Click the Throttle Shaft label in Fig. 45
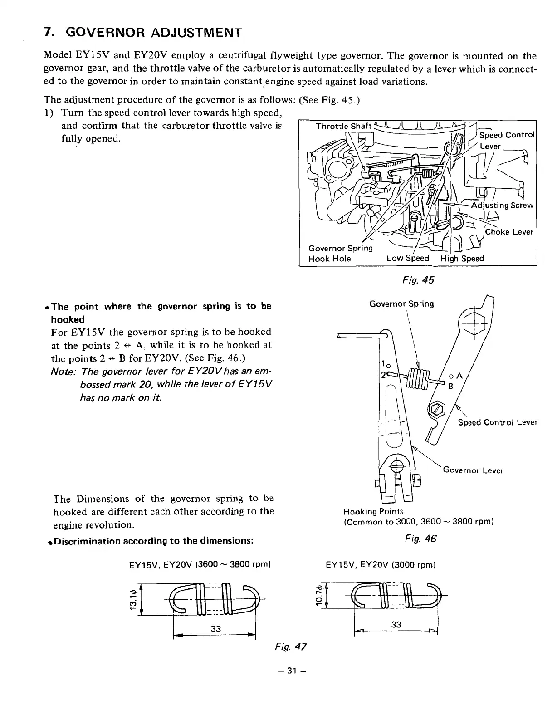[x=343, y=126]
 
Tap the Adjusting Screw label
[x=502, y=205]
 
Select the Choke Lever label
[x=509, y=232]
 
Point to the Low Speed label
[x=407, y=259]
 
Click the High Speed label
[x=462, y=259]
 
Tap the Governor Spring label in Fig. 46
[x=401, y=304]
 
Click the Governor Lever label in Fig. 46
[x=473, y=470]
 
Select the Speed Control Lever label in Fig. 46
[x=497, y=422]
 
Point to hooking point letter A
[x=459, y=376]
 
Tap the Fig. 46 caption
[x=420, y=539]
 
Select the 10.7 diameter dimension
[x=319, y=595]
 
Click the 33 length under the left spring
[x=215, y=628]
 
